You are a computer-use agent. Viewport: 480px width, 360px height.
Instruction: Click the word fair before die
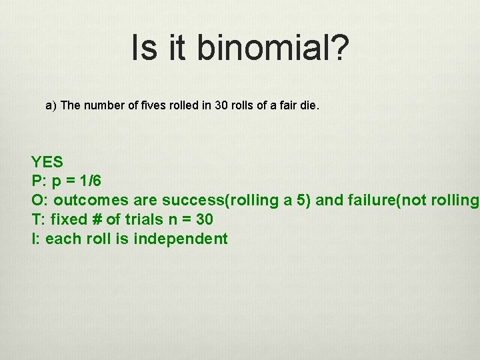287,105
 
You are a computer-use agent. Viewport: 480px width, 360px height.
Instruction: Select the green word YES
47,162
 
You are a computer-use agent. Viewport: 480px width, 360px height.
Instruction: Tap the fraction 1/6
91,181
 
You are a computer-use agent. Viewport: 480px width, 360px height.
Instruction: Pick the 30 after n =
203,219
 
